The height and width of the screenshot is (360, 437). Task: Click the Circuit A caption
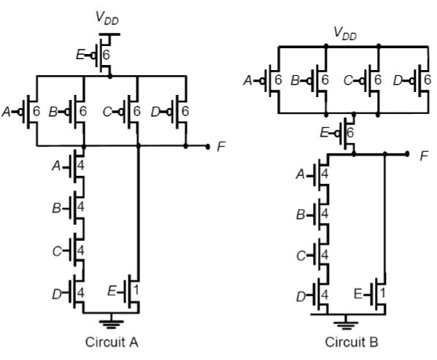click(112, 342)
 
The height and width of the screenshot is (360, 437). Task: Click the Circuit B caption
click(352, 342)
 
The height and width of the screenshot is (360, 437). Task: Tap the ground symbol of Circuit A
click(111, 323)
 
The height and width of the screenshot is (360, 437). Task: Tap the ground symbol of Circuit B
click(346, 325)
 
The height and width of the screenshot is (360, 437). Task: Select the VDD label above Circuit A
click(107, 18)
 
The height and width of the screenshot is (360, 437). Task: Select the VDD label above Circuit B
click(345, 34)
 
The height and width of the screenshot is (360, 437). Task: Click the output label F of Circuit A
click(221, 146)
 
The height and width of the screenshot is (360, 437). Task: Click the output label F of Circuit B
click(424, 156)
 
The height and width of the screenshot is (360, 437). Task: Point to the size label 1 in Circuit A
click(136, 291)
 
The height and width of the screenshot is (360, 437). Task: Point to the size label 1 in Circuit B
click(383, 293)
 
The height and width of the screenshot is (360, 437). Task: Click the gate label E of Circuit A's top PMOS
click(80, 55)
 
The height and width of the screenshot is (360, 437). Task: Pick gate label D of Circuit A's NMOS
click(57, 294)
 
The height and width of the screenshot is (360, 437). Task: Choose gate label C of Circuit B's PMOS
click(348, 80)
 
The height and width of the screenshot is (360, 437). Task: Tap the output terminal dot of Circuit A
click(207, 146)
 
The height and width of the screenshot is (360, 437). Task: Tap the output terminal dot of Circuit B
click(407, 153)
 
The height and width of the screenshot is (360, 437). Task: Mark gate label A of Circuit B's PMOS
click(248, 80)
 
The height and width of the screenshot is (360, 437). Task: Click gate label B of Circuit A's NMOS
click(57, 208)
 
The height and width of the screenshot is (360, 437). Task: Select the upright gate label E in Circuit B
click(358, 294)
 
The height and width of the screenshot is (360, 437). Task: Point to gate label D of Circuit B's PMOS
click(398, 80)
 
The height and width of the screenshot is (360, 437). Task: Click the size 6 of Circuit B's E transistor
click(350, 132)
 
